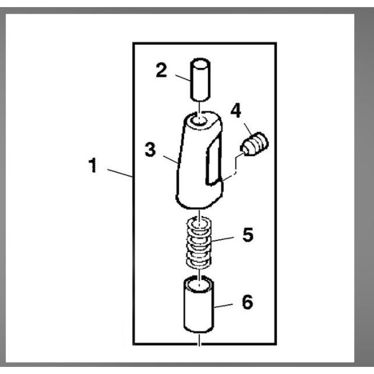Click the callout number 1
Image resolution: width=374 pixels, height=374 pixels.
(x=93, y=165)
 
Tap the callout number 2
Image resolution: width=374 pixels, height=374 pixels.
(x=161, y=70)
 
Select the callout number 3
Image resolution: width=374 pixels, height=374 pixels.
(x=150, y=150)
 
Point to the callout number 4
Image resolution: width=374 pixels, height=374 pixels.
(x=236, y=110)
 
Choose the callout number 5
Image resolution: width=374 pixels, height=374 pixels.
(x=248, y=234)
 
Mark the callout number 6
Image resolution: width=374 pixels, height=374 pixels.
(x=247, y=302)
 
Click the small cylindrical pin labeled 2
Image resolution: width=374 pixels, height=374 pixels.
(x=200, y=79)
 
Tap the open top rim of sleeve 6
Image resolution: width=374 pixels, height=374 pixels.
(x=199, y=284)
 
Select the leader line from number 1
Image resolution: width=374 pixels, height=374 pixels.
(x=120, y=173)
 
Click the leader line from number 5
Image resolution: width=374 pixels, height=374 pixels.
(x=223, y=239)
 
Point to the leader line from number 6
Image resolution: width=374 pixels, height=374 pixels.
(x=223, y=306)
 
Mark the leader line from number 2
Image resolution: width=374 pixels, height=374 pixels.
(x=183, y=78)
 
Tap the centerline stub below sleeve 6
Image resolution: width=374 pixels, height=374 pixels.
(x=199, y=340)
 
